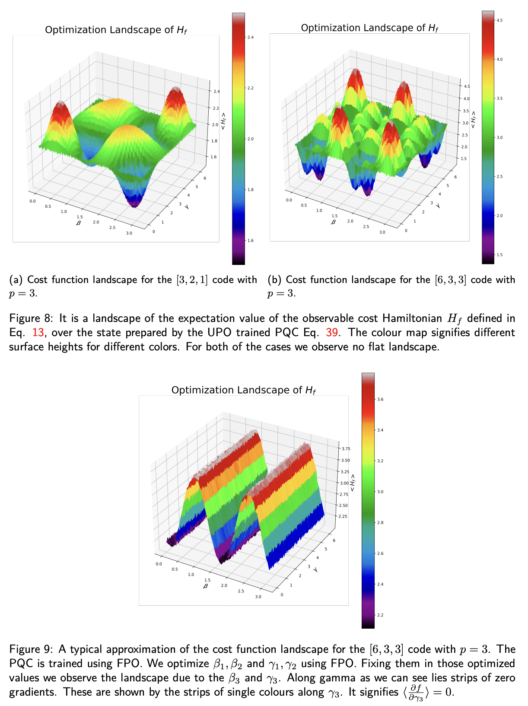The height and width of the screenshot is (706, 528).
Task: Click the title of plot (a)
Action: pos(116,30)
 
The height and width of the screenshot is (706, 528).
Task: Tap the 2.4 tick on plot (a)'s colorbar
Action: pos(250,38)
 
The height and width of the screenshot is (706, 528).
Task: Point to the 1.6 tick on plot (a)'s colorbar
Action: pos(250,241)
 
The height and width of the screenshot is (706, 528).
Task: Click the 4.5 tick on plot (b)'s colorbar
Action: pos(499,20)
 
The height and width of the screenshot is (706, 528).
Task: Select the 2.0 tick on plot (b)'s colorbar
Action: pos(499,216)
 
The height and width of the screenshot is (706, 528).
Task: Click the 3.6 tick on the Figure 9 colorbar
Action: pos(380,399)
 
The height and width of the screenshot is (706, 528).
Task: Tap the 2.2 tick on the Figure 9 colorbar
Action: pos(380,615)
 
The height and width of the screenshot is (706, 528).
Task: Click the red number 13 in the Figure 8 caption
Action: pos(38,332)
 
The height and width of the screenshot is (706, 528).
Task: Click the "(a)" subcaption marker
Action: pos(16,280)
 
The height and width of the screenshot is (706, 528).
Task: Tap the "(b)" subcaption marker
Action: pos(275,280)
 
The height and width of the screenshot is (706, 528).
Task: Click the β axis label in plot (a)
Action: pos(78,223)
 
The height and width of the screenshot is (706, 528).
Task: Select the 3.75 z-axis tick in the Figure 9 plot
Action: pos(346,449)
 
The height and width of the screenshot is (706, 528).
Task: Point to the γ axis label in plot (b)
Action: pos(438,206)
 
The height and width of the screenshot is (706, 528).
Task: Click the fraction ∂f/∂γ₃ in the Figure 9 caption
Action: pos(416,692)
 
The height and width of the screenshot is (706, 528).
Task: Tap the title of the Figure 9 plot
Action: pos(243,390)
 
